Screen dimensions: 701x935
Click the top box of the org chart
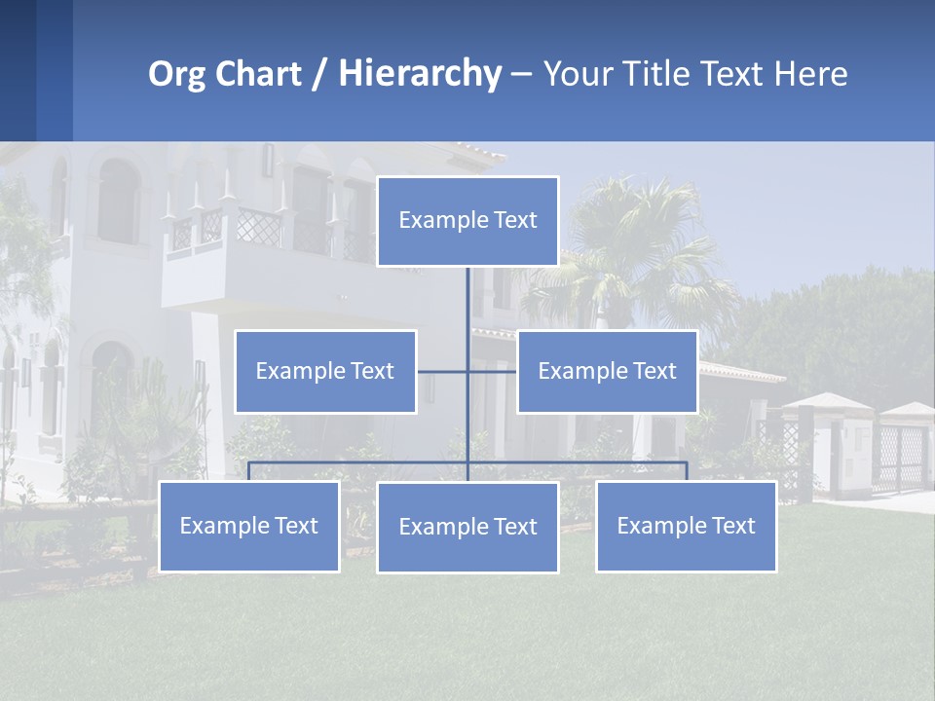point(467,221)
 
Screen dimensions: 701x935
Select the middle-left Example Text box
point(325,371)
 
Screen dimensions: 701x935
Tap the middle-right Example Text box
point(607,371)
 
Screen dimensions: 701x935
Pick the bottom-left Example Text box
point(249,526)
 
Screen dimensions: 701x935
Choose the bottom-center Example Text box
point(467,527)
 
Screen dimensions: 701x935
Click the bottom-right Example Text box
point(686,526)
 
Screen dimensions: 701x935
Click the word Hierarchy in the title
point(420,74)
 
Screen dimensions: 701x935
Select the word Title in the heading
point(665,74)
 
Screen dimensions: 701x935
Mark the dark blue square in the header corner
point(18,70)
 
